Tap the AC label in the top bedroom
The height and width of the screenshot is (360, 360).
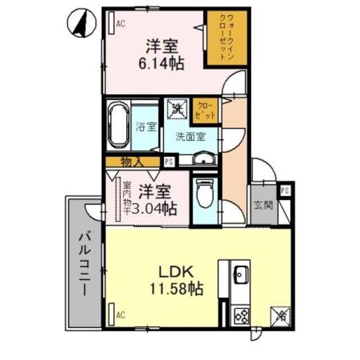point(120,24)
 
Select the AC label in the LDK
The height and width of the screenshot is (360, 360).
point(120,315)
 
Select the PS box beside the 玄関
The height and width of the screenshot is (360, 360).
point(286,190)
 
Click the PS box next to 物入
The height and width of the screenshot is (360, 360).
point(168,161)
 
